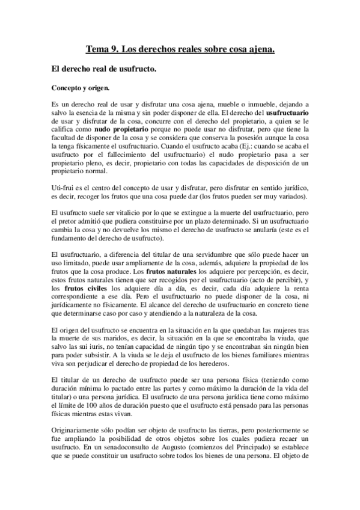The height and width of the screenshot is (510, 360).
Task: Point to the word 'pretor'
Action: [76, 223]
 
